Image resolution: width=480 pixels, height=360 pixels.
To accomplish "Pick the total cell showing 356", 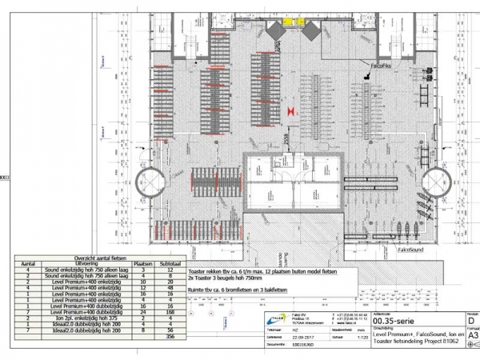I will (170, 337).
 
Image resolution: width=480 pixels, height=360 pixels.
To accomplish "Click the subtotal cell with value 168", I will (170, 311).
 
